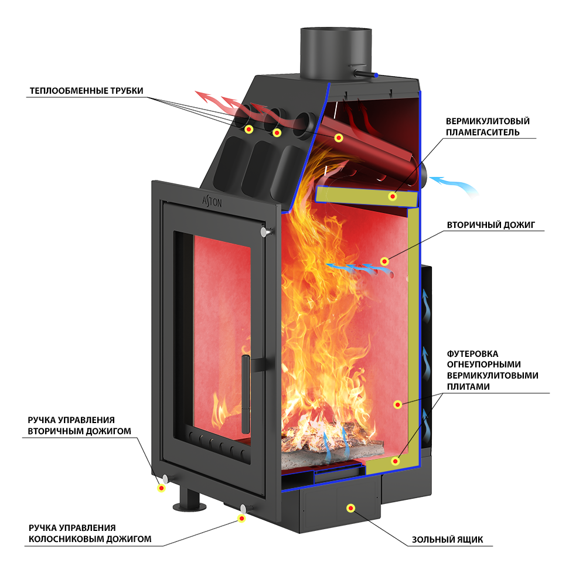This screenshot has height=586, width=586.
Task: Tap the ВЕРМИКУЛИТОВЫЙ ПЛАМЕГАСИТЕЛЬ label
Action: [487, 127]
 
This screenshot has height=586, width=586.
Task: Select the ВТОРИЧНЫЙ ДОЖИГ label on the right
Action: [491, 224]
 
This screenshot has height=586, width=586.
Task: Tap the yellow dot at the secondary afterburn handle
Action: [161, 487]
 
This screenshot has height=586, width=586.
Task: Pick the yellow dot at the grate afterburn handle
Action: [241, 517]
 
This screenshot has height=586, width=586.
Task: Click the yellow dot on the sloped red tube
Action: [338, 138]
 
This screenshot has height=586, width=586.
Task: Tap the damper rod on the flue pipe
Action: [366, 74]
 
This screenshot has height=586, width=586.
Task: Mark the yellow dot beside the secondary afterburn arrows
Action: [384, 261]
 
